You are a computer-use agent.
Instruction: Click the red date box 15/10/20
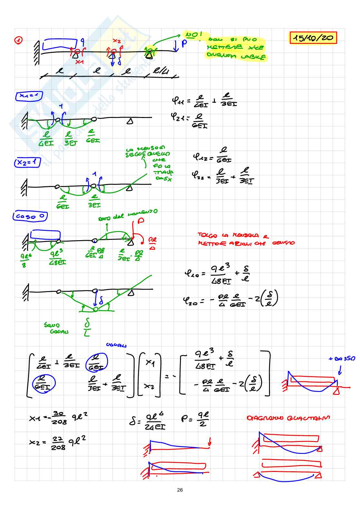click(x=313, y=38)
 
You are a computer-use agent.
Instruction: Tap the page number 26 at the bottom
click(x=180, y=490)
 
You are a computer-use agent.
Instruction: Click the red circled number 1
click(x=19, y=40)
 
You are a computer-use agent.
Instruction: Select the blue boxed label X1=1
click(x=28, y=96)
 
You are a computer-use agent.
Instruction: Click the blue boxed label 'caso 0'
click(x=30, y=216)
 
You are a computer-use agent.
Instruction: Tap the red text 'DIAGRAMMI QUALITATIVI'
click(x=288, y=418)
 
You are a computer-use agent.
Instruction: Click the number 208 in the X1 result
click(x=60, y=422)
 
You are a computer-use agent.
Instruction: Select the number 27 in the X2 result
click(x=58, y=439)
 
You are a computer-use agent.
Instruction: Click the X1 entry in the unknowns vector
click(x=150, y=363)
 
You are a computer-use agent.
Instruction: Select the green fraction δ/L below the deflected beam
click(x=87, y=327)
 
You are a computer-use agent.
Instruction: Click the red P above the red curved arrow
click(x=141, y=221)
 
